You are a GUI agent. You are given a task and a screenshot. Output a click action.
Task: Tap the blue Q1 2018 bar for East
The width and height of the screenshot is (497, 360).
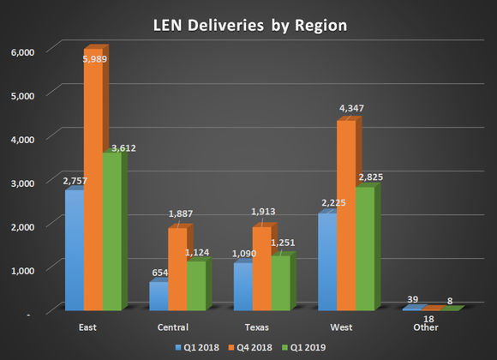click(x=75, y=249)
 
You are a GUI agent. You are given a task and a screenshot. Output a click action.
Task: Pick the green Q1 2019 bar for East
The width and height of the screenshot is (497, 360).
click(x=112, y=231)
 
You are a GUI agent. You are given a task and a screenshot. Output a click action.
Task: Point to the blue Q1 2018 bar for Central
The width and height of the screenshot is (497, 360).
click(x=159, y=296)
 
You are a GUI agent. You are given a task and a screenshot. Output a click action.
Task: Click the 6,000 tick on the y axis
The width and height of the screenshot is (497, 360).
click(x=21, y=52)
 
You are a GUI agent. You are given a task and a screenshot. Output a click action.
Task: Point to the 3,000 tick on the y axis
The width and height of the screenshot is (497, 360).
click(x=21, y=183)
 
